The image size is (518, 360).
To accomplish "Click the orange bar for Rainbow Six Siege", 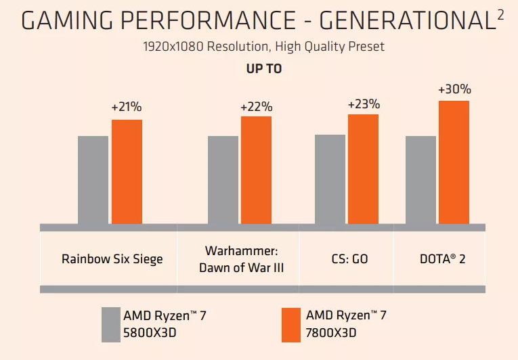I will tap(127, 171).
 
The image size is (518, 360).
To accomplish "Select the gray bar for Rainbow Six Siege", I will tap(93, 179).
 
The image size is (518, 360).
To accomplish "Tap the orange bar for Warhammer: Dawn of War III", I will tap(256, 170).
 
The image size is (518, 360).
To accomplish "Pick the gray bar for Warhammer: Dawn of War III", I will tap(223, 179).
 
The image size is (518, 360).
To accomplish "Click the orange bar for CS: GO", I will tap(363, 168).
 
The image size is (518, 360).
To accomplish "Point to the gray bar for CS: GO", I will tap(330, 179).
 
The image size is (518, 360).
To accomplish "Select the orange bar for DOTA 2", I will tap(454, 162).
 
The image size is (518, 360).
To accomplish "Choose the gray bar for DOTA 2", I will tap(420, 179).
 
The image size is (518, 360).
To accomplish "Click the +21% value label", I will tap(127, 108).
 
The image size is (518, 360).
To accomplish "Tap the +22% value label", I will tap(256, 107).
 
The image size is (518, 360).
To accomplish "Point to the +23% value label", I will tap(364, 104).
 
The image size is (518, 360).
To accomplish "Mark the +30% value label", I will tap(454, 89).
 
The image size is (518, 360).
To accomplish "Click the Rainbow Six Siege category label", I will tap(112, 259).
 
